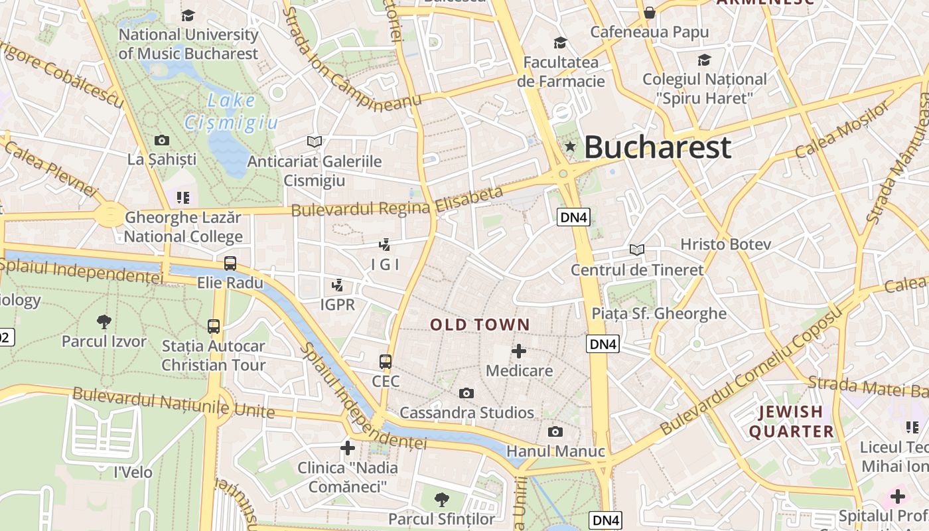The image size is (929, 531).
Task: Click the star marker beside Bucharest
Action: [x=569, y=146]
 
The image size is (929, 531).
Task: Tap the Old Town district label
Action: [x=480, y=325]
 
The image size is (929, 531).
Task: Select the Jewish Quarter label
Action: [x=791, y=422]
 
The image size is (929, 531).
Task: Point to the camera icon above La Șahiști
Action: [x=161, y=140]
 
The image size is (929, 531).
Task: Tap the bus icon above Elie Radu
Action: [x=230, y=263]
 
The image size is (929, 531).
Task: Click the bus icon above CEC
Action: [x=386, y=362]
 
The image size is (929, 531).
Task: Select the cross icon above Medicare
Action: [x=519, y=351]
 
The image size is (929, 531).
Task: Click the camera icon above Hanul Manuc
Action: [x=555, y=432]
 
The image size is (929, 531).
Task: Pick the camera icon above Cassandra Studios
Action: [x=466, y=393]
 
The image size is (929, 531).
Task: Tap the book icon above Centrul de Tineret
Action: [x=637, y=250]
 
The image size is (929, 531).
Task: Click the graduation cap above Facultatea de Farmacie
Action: [x=561, y=43]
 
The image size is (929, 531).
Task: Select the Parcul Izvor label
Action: [x=104, y=341]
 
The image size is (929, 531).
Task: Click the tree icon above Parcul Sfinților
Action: [x=441, y=499]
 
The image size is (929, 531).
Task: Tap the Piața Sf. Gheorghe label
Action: [x=659, y=313]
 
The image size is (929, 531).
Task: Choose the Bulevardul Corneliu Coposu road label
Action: [x=750, y=371]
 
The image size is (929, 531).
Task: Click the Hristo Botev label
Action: [x=725, y=244]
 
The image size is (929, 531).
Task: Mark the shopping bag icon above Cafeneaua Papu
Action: [x=650, y=13]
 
